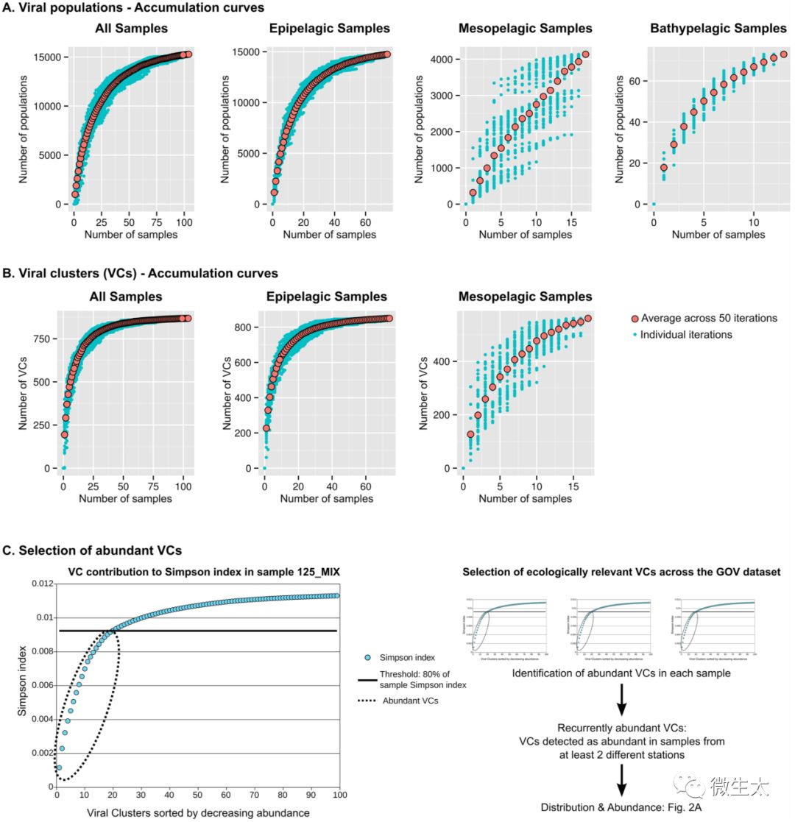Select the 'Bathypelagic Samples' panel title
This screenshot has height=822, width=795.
pyautogui.click(x=718, y=29)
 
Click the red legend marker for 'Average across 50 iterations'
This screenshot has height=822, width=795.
pyautogui.click(x=635, y=319)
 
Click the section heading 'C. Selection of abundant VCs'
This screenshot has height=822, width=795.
pyautogui.click(x=92, y=550)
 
